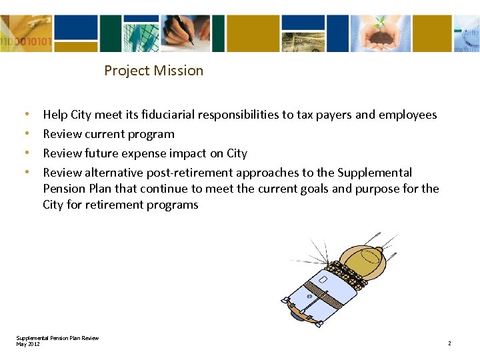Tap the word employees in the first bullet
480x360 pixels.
[x=407, y=115]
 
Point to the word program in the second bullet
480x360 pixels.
[x=153, y=134]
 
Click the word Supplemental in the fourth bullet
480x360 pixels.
[x=375, y=173]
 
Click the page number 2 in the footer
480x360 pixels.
[x=449, y=343]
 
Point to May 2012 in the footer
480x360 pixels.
[x=28, y=343]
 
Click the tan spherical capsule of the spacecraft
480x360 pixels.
[x=364, y=259]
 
